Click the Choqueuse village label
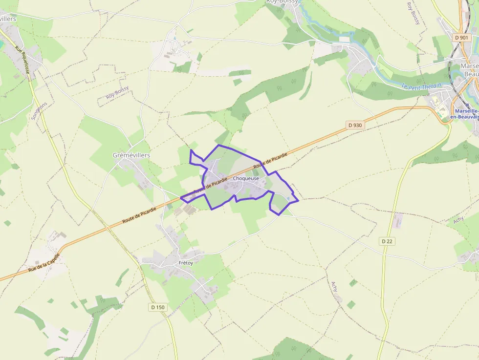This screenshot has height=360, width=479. coord(246,179)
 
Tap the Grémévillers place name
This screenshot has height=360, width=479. coord(131,155)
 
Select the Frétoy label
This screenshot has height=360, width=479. coord(186,263)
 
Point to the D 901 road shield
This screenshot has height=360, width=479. coord(460,38)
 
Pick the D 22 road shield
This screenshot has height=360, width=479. coord(387,241)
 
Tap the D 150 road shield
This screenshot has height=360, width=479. coord(157,307)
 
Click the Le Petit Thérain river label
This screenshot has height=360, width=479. coord(421,86)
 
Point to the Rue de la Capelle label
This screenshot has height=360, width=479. coord(44,262)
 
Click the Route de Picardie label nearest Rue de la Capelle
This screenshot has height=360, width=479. coord(139,213)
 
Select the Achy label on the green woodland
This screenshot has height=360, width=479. coord(458,220)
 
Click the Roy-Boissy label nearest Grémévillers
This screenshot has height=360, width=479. coord(117,92)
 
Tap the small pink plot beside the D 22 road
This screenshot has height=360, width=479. coord(398,220)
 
